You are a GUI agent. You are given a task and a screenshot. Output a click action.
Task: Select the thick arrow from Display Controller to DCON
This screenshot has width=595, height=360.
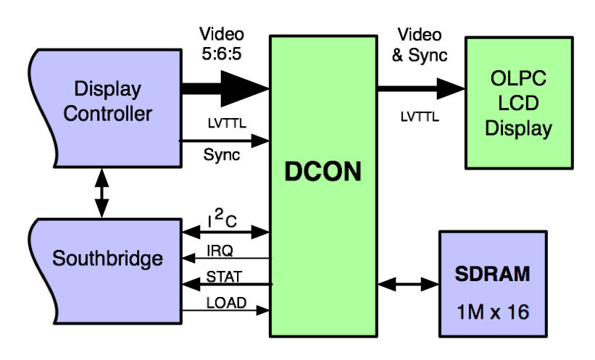pos(225,89)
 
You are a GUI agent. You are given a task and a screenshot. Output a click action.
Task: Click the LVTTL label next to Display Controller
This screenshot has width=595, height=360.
pos(225,124)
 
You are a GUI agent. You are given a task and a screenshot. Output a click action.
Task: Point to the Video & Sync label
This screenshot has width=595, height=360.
pos(420,44)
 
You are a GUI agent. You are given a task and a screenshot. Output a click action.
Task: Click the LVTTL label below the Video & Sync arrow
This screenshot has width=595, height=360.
pos(420,116)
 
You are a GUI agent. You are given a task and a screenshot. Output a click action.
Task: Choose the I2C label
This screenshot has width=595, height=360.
pos(221,219)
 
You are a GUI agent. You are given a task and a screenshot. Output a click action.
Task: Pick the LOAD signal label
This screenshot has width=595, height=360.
pos(225,302)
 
